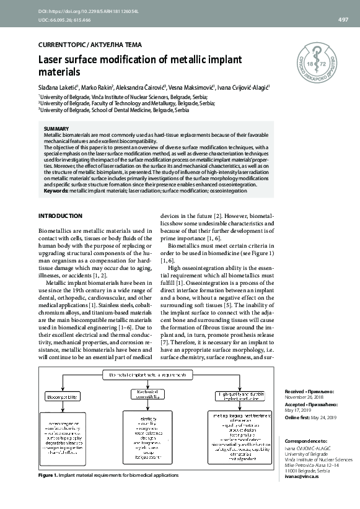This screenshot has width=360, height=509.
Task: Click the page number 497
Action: (x=343, y=20)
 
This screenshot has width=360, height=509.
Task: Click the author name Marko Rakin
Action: (x=96, y=89)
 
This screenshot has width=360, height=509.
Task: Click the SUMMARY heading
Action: (x=56, y=129)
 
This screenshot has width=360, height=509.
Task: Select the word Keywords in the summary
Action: (x=56, y=191)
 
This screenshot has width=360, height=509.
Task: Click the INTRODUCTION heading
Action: (x=60, y=215)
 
